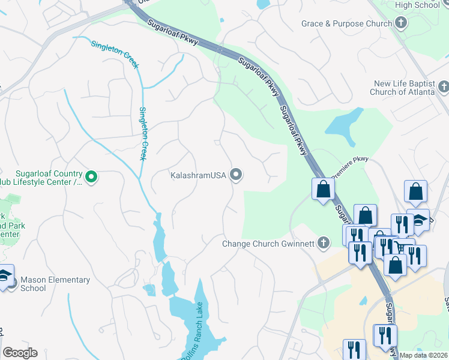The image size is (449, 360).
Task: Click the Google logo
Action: click(x=20, y=353)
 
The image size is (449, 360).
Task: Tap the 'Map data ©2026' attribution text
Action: click(x=423, y=355)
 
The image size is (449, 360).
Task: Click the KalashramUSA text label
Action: click(x=197, y=175)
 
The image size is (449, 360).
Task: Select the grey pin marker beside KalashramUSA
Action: click(x=236, y=175)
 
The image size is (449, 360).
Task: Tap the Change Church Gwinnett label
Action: click(x=268, y=244)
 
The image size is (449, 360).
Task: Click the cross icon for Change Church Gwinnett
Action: click(x=324, y=243)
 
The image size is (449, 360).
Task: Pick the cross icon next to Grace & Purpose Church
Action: click(x=401, y=23)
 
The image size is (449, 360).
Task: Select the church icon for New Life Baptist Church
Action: click(x=444, y=88)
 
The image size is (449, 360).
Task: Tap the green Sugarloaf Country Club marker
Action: click(x=91, y=176)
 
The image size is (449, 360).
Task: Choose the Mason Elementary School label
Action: click(x=55, y=284)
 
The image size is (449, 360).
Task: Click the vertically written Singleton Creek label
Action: click(x=143, y=133)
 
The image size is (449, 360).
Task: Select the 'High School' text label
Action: click(x=418, y=5)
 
